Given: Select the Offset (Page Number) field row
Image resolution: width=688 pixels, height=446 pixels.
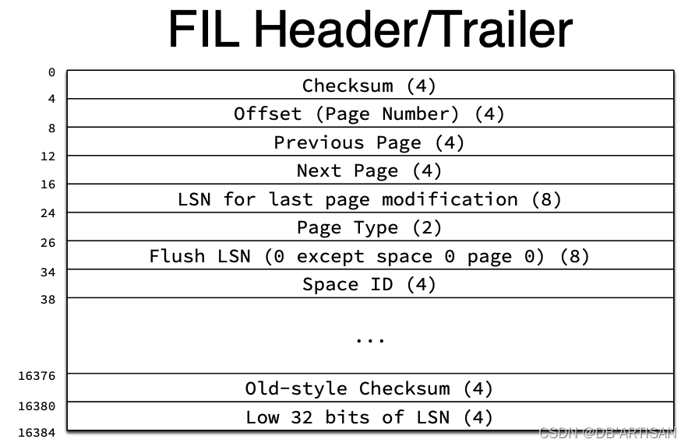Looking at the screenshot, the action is tap(369, 114).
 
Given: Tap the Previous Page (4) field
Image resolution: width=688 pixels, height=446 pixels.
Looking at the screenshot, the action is tap(369, 142).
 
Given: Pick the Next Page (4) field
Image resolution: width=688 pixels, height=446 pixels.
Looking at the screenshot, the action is tap(369, 170).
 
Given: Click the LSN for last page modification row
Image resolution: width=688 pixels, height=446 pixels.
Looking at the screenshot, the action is tap(369, 199).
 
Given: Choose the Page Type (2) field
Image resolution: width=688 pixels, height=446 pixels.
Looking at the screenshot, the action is tap(369, 227).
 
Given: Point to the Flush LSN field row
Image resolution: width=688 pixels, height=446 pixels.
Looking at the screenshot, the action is tap(369, 256).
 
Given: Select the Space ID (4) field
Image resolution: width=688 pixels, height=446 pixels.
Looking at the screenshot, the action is tap(369, 284).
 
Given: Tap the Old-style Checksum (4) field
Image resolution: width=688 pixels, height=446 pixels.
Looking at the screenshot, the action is tap(369, 388).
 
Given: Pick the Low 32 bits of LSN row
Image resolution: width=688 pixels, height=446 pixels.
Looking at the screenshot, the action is tap(369, 417).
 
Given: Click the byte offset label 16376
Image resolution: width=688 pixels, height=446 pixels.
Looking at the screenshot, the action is tap(37, 375).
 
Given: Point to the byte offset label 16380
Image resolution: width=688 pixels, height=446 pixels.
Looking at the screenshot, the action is tap(37, 406).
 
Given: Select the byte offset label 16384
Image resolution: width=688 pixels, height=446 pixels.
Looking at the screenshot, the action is tap(37, 432).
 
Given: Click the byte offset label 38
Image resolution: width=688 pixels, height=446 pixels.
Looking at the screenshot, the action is tap(48, 298).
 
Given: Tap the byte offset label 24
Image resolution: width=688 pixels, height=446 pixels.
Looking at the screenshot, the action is tap(48, 212).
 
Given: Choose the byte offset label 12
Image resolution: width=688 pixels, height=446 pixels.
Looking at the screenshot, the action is tap(48, 156).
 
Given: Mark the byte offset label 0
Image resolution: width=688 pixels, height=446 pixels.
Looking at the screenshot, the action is tap(51, 72).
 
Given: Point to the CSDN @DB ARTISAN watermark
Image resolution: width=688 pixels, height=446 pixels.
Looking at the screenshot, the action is tap(608, 433).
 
